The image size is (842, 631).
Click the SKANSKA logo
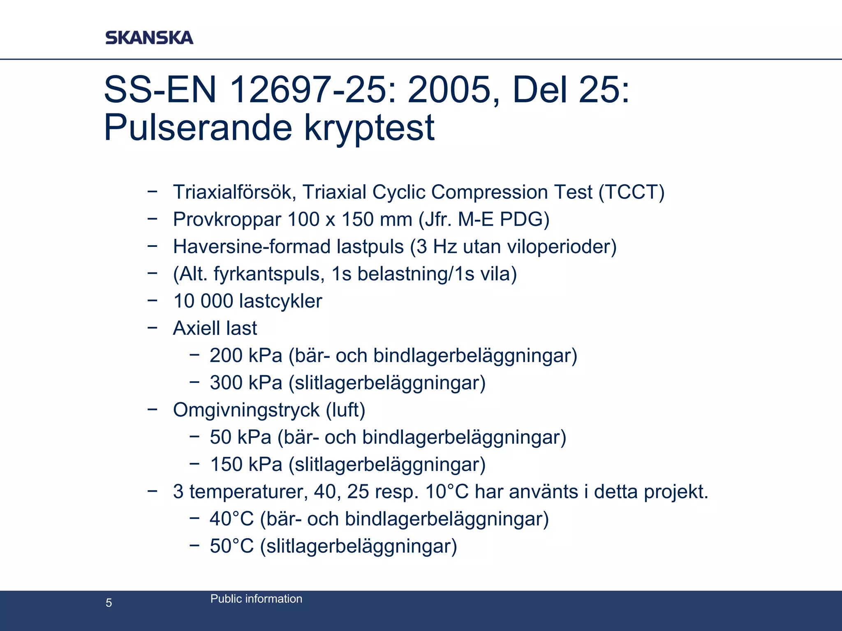point(149,37)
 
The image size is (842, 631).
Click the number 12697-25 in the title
point(312,90)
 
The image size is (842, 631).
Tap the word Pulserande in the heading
point(198,127)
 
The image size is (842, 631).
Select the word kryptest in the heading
point(369,127)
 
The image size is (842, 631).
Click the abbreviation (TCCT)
point(631,192)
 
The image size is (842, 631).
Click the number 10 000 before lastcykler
point(203,301)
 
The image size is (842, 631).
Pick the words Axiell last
point(215,328)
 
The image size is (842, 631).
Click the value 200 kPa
point(246,355)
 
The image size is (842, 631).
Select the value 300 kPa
point(246,383)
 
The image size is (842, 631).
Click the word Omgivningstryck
point(246,410)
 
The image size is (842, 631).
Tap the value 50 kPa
point(241,437)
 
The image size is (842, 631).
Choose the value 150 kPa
point(246,464)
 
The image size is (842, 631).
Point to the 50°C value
point(231,546)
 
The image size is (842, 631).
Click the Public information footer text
point(256,599)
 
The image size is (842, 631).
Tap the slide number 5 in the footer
point(109,603)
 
